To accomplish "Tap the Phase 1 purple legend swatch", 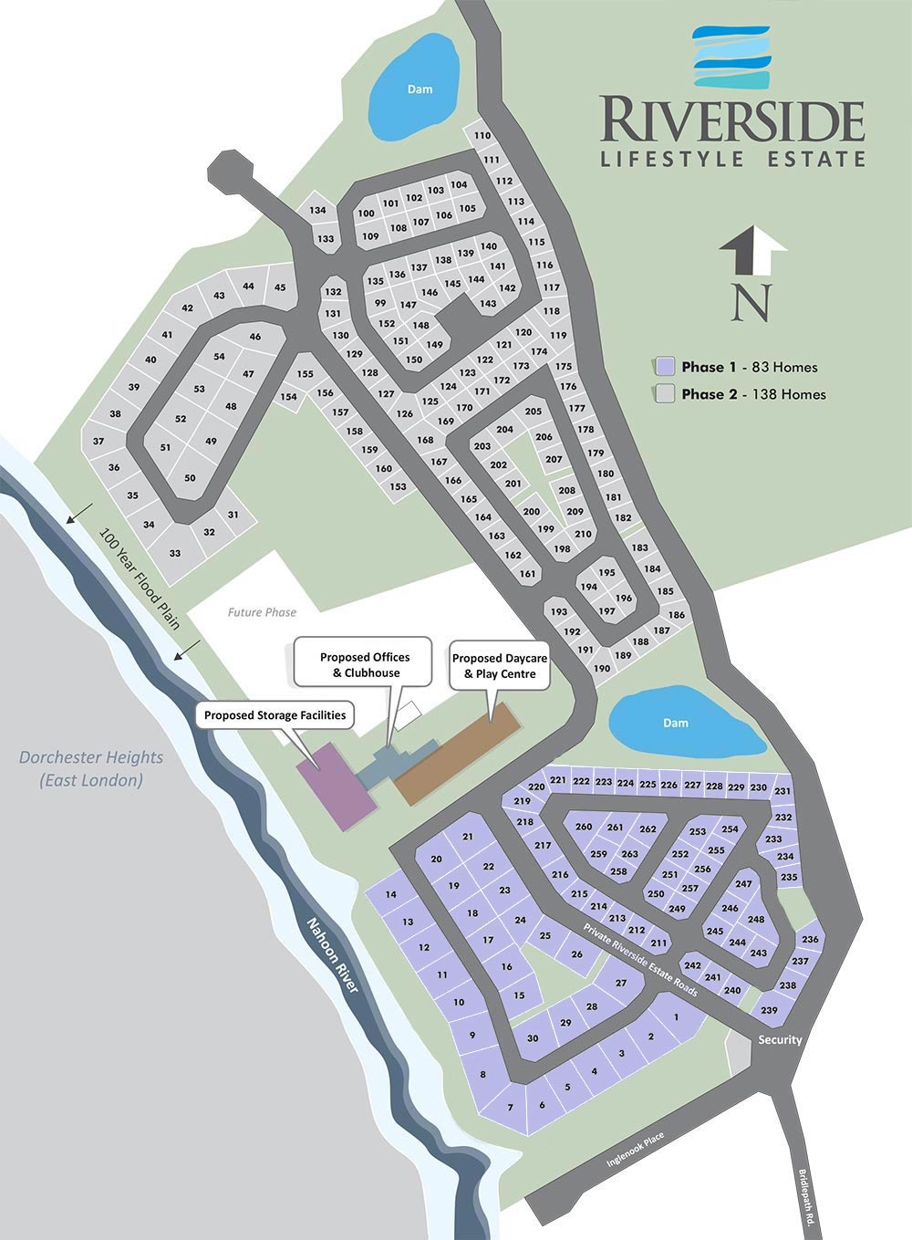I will click(x=665, y=367).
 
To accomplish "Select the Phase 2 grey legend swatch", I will click(x=665, y=394).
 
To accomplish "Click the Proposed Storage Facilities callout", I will click(x=275, y=715).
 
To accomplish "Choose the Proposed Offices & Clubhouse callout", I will click(x=364, y=665).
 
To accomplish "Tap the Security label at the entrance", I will click(x=780, y=1039).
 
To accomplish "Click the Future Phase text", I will click(x=262, y=612).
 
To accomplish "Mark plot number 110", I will click(x=482, y=136).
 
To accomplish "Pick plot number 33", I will click(x=175, y=553).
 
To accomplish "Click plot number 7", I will click(x=510, y=1108).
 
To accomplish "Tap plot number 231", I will click(x=782, y=791).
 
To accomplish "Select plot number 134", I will click(x=317, y=211).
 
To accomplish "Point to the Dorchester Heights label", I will click(x=91, y=767).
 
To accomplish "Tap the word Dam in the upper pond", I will click(x=420, y=89).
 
